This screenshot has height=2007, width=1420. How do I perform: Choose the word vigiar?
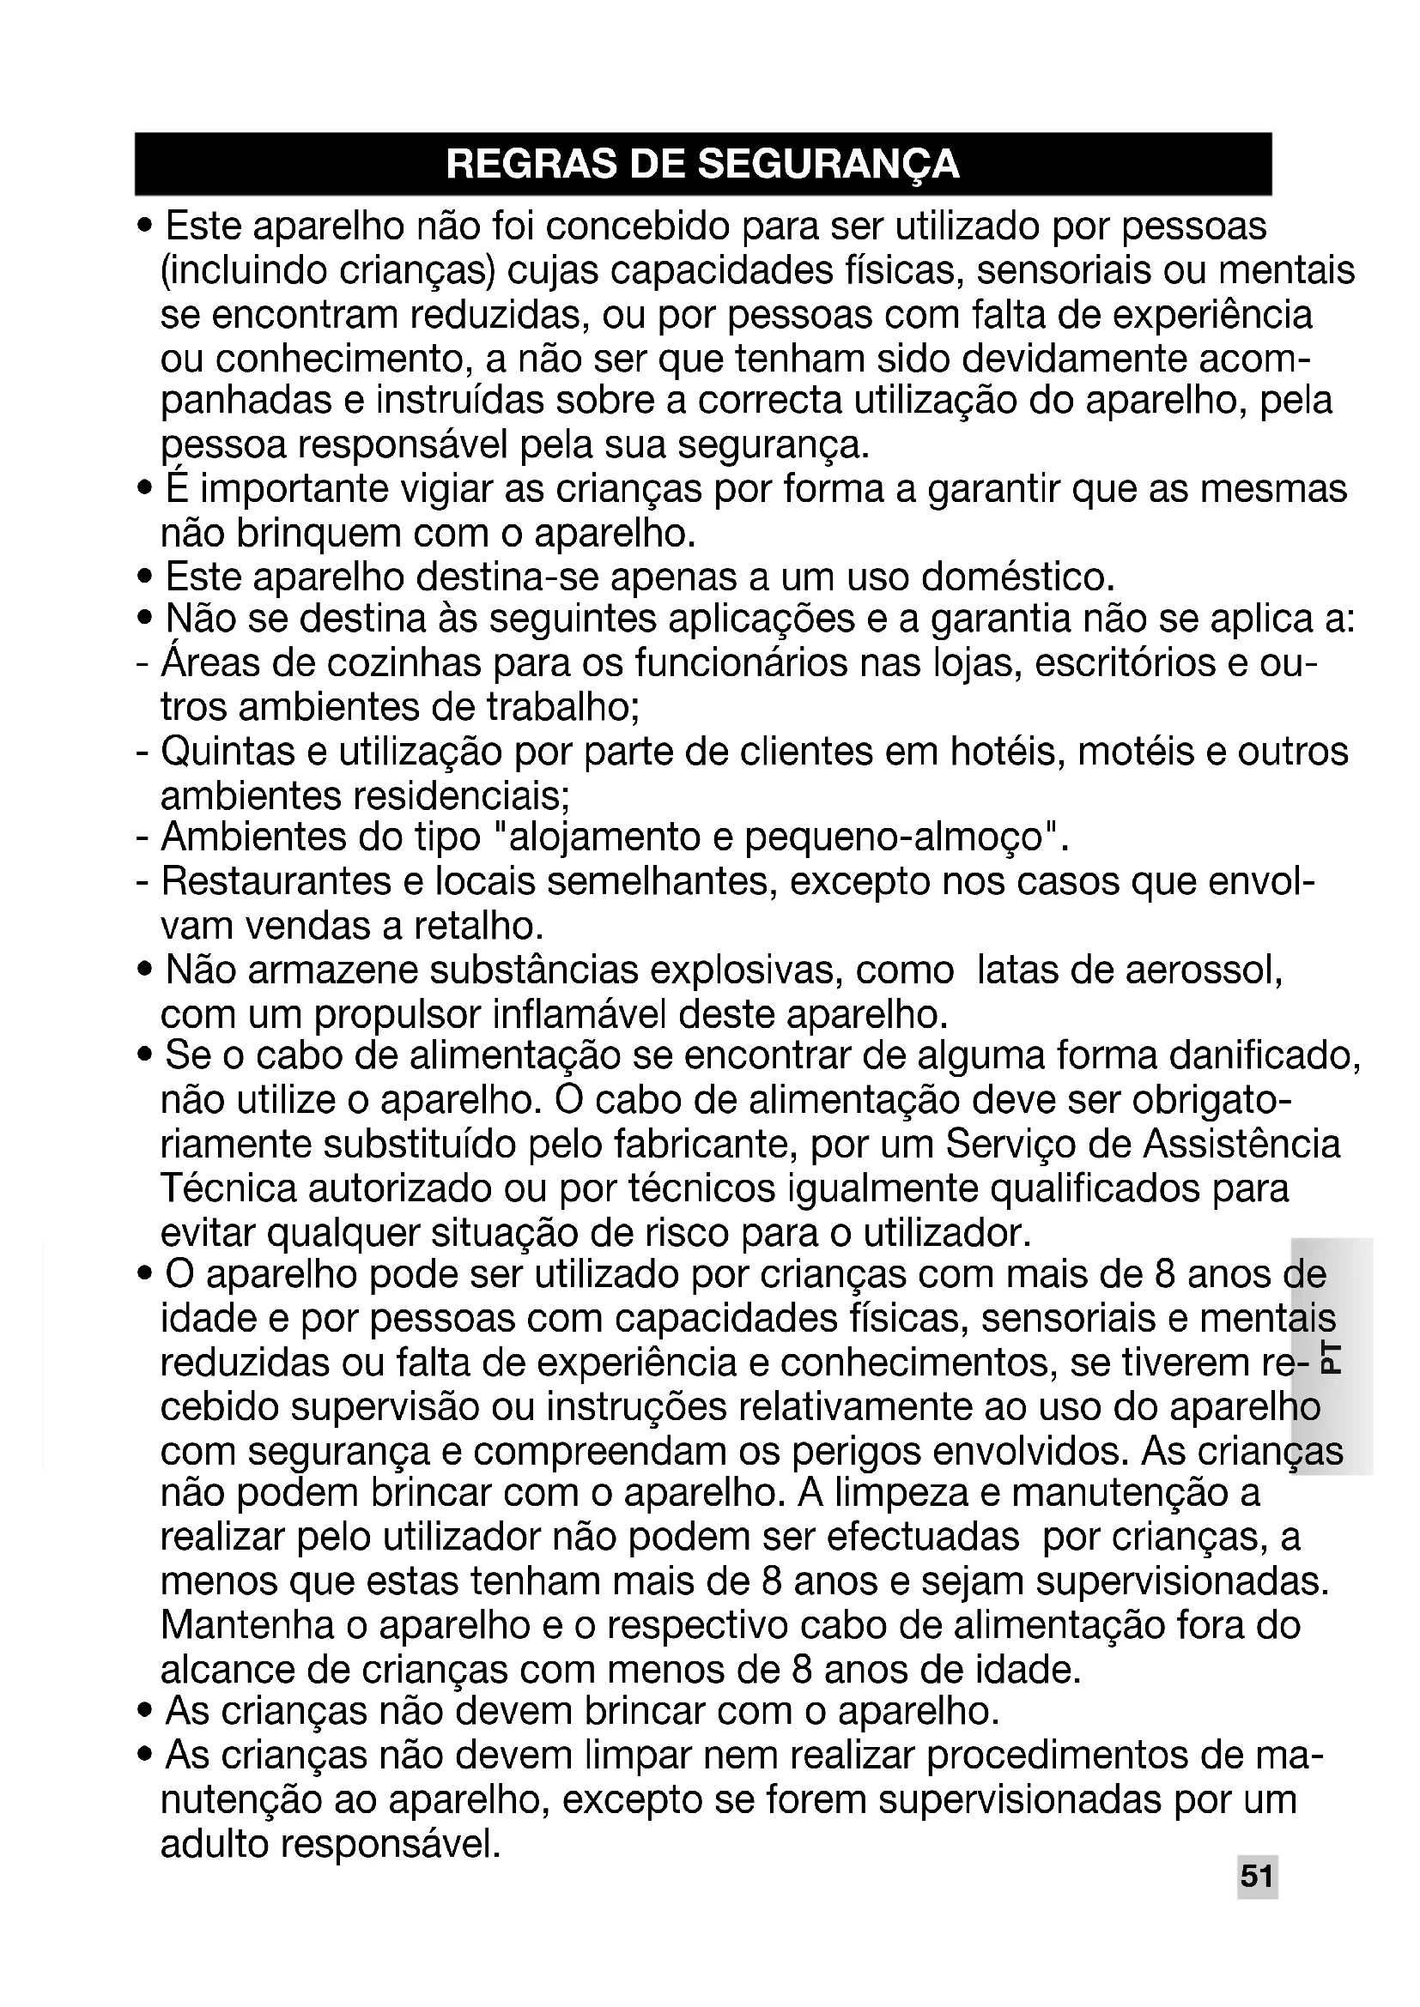445,489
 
